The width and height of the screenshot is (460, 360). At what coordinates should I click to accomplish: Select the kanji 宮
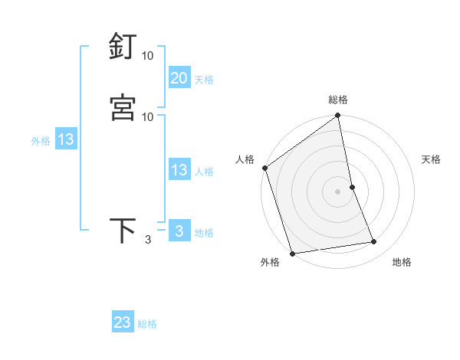tap(123, 107)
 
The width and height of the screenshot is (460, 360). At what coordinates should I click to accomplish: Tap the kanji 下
tap(123, 230)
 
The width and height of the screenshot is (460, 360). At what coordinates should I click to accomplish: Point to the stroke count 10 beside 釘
tap(148, 56)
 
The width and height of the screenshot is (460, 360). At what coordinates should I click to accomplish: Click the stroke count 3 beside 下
tap(148, 240)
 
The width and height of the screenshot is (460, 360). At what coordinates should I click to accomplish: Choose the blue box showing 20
tap(179, 77)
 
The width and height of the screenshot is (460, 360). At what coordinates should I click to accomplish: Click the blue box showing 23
tap(123, 322)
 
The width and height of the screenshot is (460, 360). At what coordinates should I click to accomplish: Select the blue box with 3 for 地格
tap(179, 231)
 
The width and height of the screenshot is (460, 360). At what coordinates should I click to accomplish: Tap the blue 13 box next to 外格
tap(66, 139)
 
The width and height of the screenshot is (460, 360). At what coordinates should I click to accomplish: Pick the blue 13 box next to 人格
tap(179, 170)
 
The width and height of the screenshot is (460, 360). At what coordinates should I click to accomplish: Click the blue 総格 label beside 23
tap(147, 324)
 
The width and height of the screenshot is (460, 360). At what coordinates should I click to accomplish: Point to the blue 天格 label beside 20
tap(204, 79)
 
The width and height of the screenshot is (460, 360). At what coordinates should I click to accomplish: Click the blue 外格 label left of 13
tap(41, 141)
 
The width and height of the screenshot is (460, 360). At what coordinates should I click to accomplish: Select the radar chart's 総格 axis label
tap(338, 100)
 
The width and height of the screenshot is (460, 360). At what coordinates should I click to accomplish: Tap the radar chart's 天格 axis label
tap(432, 159)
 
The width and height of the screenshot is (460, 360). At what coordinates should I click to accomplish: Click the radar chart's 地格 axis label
tap(402, 262)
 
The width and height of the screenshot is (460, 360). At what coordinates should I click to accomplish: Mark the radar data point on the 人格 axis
tap(264, 168)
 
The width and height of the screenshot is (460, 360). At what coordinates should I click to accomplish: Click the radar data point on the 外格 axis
tap(292, 253)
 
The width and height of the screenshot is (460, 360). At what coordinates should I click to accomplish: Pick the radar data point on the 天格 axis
tap(352, 187)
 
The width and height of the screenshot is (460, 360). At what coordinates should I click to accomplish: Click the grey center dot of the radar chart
tap(338, 191)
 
